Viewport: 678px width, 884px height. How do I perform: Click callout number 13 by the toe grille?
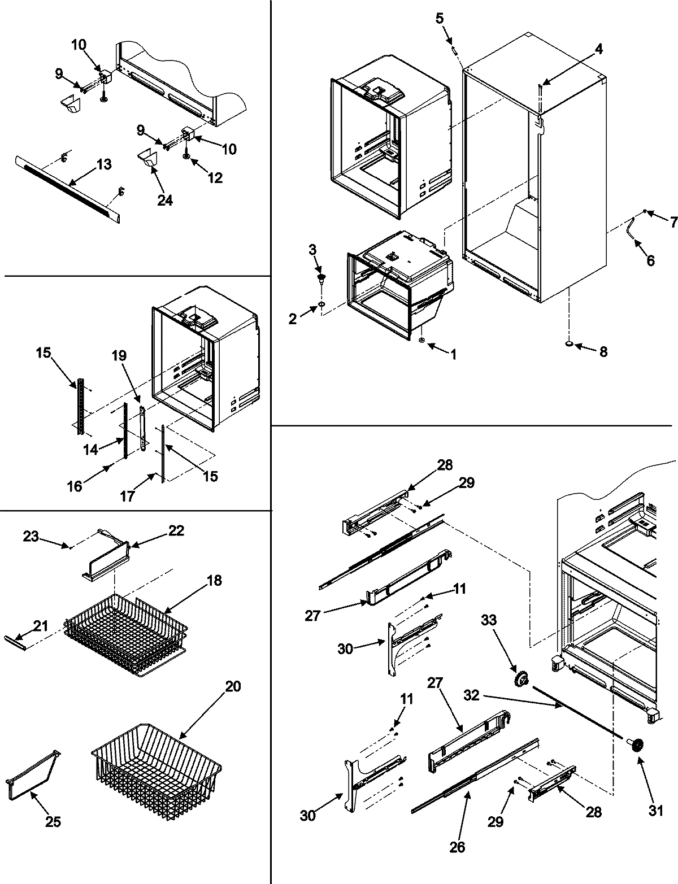click(x=103, y=164)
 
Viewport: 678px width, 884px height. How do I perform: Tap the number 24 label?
click(x=164, y=201)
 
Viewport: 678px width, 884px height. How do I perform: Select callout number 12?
click(x=215, y=178)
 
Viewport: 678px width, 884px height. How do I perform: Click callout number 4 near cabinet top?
click(x=598, y=49)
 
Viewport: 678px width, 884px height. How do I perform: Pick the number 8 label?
click(x=603, y=351)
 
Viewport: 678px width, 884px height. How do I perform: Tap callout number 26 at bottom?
click(x=458, y=847)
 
